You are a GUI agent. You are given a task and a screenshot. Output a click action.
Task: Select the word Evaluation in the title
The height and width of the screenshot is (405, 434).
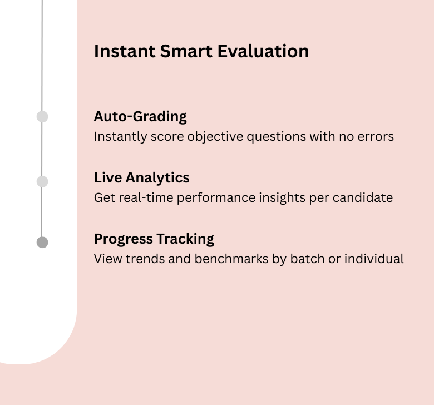[x=263, y=51]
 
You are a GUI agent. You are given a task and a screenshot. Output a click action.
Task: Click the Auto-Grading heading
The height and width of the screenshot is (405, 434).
[x=140, y=117]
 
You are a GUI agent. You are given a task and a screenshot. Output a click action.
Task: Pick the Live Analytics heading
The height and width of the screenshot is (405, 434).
[x=141, y=178]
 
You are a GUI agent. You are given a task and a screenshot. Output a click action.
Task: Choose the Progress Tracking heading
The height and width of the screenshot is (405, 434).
[x=154, y=239]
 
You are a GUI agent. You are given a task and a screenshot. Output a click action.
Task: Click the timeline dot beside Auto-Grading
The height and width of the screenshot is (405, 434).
[x=42, y=117]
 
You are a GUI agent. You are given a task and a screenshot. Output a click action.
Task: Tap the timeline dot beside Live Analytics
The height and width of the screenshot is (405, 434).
[x=42, y=181]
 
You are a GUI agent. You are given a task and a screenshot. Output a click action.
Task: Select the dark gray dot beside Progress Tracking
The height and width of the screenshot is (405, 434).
[x=42, y=243]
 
